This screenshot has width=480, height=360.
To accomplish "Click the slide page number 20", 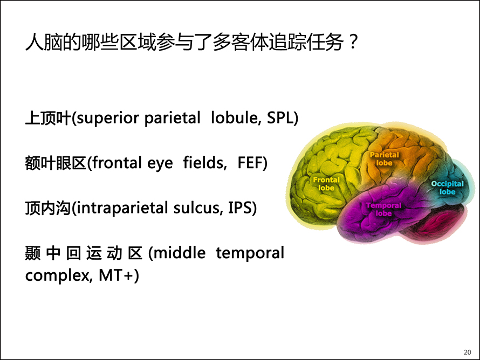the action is point(467,352).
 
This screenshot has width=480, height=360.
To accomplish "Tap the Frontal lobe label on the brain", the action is point(326,184).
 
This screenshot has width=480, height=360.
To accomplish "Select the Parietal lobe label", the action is point(384,159).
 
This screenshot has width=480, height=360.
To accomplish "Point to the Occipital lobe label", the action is point(447,188).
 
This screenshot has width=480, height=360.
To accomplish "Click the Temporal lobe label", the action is point(383,209).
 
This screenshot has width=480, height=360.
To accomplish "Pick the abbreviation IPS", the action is point(239,207).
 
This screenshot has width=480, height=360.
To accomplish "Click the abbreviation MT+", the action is point(116,275).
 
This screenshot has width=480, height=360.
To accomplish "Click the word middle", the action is point(180,253).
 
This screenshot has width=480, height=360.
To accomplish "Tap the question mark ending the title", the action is point(353,42).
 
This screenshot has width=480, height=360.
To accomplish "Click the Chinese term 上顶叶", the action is point(48,118).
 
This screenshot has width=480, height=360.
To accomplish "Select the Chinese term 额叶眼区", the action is point(56,163).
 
